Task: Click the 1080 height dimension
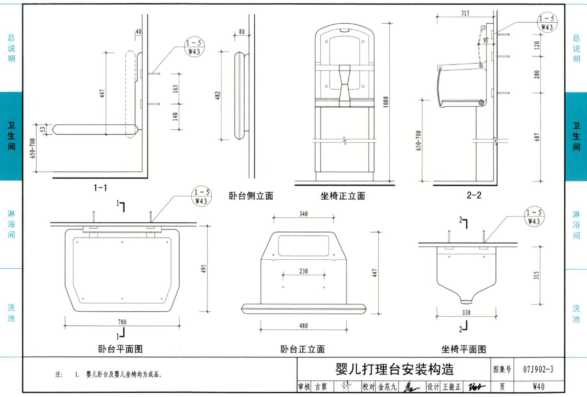tap(386, 102)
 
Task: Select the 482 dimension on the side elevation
tap(218, 95)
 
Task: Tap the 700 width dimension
tap(122, 322)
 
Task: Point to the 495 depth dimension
tap(203, 268)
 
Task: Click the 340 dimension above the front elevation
tap(303, 214)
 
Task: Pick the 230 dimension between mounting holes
tap(303, 271)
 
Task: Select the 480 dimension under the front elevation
tap(303, 326)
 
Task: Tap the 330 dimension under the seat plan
tap(466, 313)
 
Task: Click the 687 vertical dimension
tap(537, 137)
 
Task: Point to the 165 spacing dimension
tap(175, 88)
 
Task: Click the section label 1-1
tap(100, 188)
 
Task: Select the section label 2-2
tap(474, 195)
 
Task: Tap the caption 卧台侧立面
tap(251, 196)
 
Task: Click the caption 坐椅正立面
tap(343, 196)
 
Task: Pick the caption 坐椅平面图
tap(464, 349)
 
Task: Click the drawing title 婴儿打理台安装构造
tap(394, 369)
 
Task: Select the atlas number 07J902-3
tap(538, 370)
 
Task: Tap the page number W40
tap(538, 387)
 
